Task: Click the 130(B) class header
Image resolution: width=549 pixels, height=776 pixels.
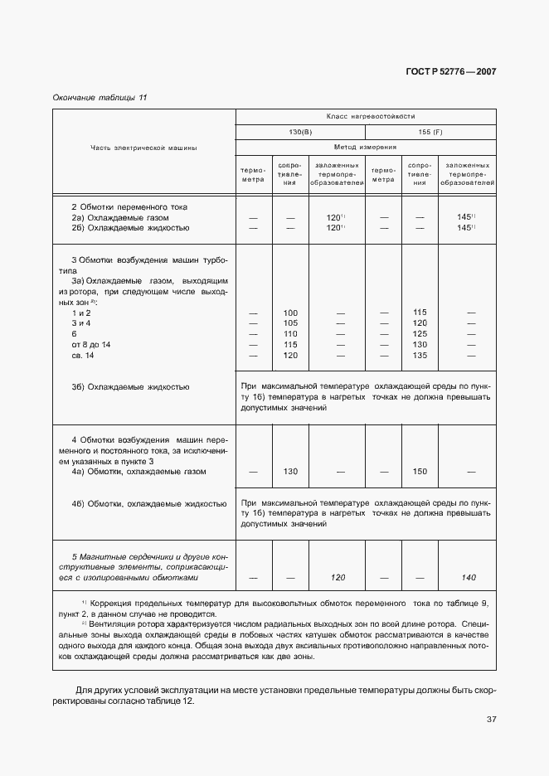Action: point(300,132)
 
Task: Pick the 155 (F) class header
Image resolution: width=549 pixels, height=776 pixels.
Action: point(431,132)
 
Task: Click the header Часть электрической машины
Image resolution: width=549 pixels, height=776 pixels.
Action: point(143,148)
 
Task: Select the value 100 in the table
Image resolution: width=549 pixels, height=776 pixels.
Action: point(290,313)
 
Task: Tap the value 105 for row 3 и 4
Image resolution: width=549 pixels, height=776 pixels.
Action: point(290,323)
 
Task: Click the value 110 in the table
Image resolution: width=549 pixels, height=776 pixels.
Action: point(290,334)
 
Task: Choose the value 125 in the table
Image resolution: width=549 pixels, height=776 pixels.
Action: point(420,334)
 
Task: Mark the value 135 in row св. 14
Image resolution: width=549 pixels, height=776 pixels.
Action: point(420,355)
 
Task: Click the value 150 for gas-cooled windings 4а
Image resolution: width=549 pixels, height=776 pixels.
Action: point(420,472)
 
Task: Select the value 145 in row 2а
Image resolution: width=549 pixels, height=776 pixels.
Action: point(464,217)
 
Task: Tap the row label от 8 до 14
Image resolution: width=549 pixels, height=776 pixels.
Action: point(91,344)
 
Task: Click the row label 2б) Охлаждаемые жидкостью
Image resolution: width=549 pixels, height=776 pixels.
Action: point(131,227)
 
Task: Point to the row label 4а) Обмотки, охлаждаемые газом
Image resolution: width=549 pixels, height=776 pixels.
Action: point(138,472)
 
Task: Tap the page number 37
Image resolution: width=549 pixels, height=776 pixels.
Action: point(491,719)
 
